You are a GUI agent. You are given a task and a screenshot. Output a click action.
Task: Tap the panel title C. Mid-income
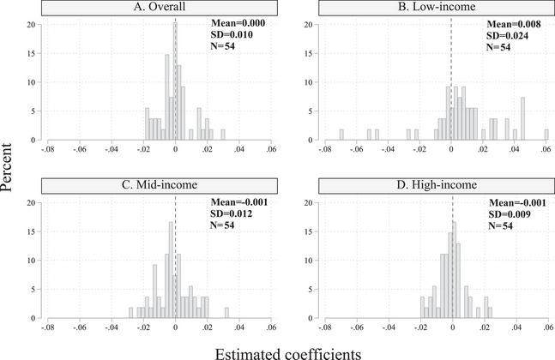(160, 185)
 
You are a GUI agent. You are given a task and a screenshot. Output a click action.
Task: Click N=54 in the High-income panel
(495, 225)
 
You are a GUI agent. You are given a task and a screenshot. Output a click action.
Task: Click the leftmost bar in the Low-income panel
(341, 135)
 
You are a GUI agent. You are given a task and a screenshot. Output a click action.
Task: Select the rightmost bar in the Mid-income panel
(226, 313)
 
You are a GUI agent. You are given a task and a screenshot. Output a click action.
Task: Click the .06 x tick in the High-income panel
(546, 327)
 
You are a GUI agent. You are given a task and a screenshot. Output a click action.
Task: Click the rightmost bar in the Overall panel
(223, 135)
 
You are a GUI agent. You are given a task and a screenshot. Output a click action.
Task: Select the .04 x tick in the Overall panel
(238, 149)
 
